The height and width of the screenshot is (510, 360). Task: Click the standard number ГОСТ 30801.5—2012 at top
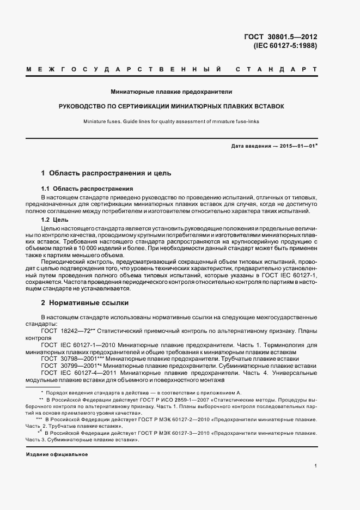click(x=281, y=37)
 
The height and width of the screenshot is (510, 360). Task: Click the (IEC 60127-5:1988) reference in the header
click(x=285, y=46)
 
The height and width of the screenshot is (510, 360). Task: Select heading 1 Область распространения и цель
click(x=106, y=173)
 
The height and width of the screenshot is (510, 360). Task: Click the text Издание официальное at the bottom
click(x=57, y=453)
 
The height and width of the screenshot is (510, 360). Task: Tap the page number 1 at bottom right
click(x=316, y=465)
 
